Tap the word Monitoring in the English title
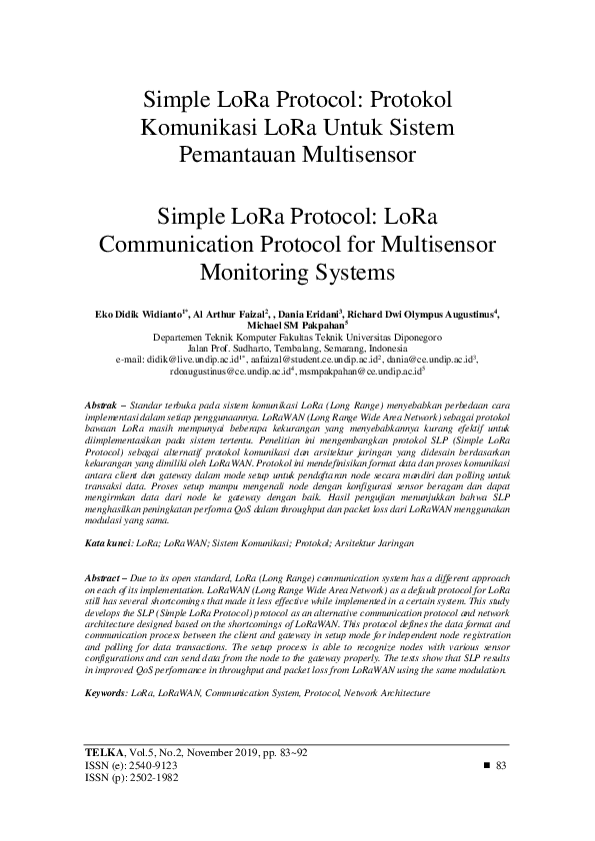pos(259,272)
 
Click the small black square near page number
pos(487,764)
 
